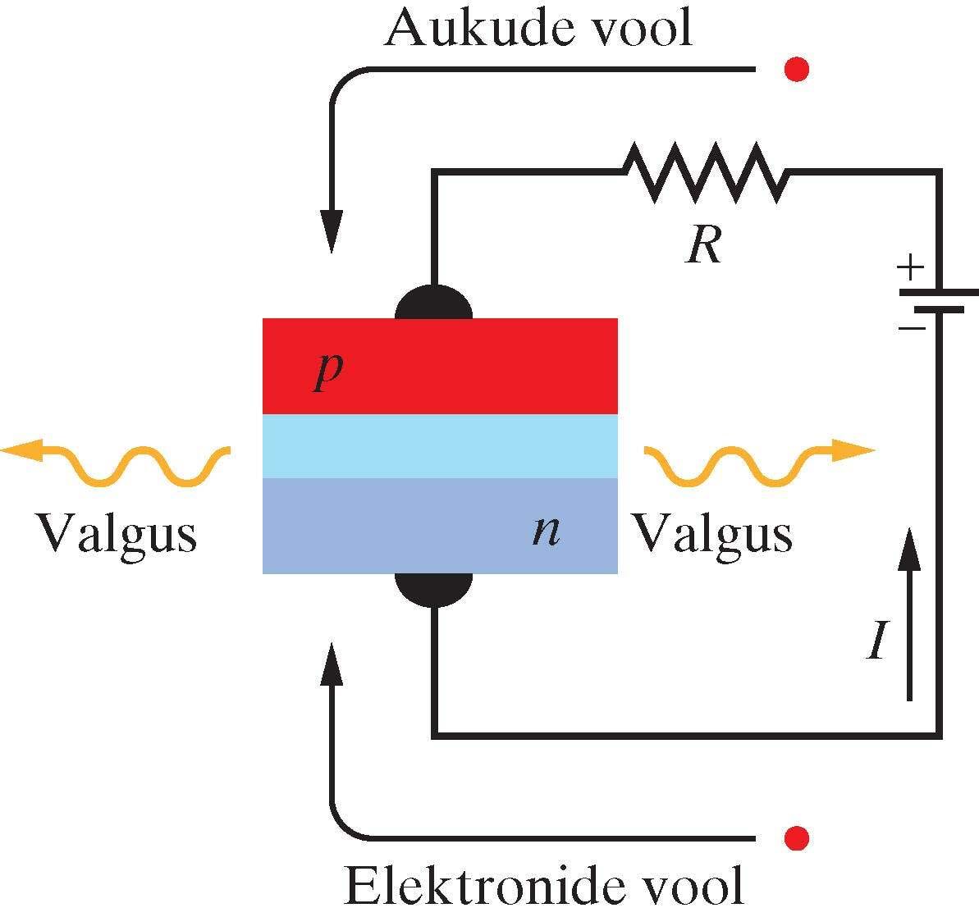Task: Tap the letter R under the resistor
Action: [704, 244]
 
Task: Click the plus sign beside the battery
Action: [909, 267]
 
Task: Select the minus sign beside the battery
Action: [911, 329]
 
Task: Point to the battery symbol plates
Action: [939, 300]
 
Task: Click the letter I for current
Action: [877, 640]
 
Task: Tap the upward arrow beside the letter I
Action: [908, 615]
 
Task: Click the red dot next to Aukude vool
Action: [796, 70]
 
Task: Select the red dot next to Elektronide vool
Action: [796, 838]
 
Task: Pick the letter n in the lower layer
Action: [546, 531]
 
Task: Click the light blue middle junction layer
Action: [440, 446]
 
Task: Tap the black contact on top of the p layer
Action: [434, 303]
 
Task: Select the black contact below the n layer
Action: [434, 588]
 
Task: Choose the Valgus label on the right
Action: [711, 535]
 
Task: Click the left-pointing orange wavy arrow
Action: [115, 463]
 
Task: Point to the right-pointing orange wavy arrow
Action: [759, 463]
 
